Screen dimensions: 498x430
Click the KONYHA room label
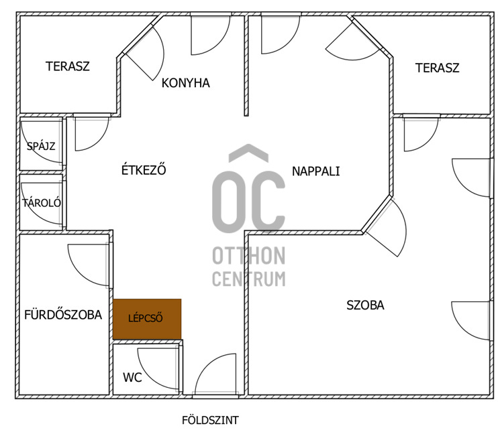point(185,83)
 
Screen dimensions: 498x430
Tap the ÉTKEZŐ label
point(144,169)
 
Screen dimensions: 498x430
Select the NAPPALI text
point(315,171)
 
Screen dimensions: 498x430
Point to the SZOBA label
point(365,305)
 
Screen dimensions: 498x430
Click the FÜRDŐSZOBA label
point(63,315)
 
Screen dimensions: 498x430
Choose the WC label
point(132,378)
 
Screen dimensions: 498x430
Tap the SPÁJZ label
point(41,146)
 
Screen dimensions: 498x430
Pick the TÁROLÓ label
point(42,202)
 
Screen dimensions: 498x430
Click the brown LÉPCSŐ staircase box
point(147,319)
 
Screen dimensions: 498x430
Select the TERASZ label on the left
point(68,66)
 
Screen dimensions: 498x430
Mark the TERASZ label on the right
point(438,68)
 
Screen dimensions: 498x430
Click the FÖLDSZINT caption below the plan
point(210,421)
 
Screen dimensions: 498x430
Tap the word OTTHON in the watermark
point(249,256)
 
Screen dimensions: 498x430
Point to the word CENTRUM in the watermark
point(249,279)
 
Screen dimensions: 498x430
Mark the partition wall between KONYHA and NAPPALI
point(246,66)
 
